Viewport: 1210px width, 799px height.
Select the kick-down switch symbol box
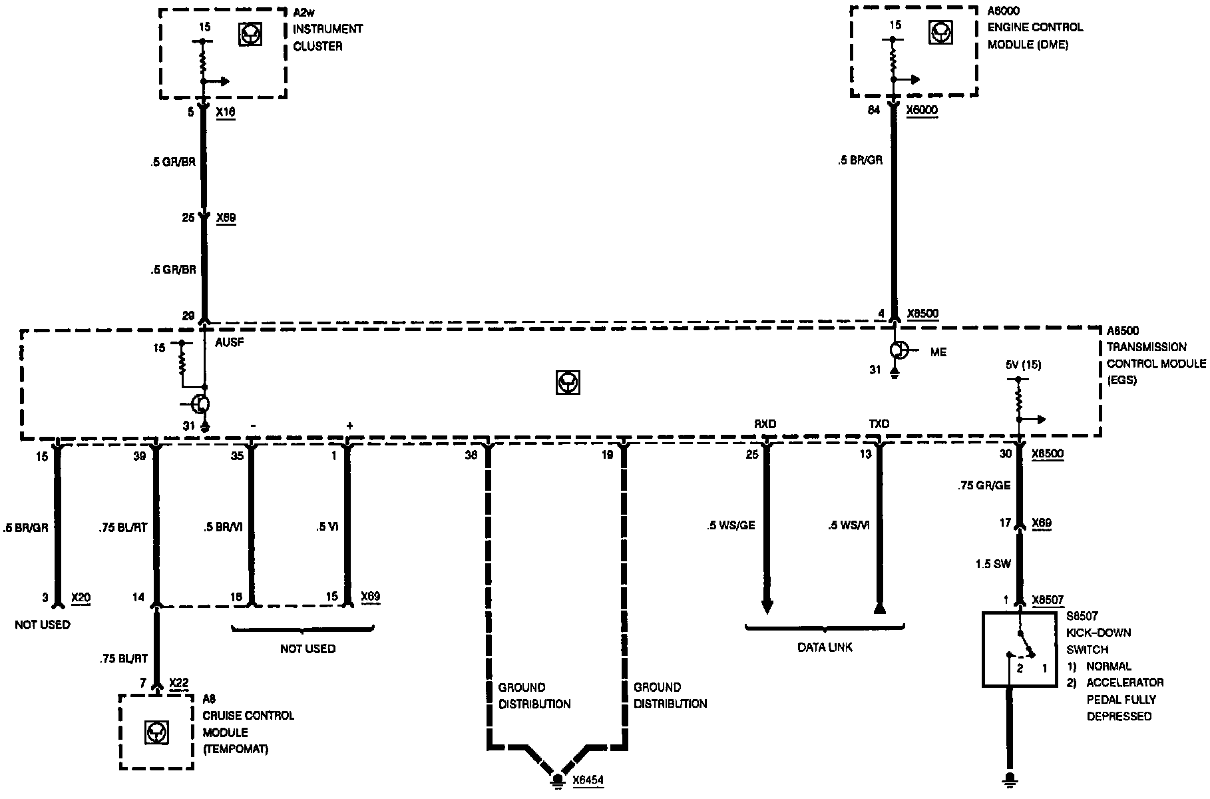(x=1019, y=649)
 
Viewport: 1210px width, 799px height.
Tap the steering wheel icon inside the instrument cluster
(x=250, y=35)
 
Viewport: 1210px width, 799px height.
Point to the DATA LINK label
(x=825, y=647)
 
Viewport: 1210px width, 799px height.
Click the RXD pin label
(x=765, y=424)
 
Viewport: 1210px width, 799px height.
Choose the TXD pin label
(x=879, y=424)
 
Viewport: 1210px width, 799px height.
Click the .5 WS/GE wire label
(x=731, y=525)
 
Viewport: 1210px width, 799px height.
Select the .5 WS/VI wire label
(x=849, y=525)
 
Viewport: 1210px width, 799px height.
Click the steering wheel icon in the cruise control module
(x=156, y=733)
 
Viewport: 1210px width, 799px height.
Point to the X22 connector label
(x=179, y=682)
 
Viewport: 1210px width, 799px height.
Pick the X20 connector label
(x=81, y=597)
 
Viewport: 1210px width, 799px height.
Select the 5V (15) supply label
(x=1023, y=364)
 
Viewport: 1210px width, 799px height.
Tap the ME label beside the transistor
(x=938, y=352)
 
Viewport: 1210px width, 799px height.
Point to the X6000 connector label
(x=922, y=111)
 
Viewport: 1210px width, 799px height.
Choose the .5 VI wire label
(x=327, y=525)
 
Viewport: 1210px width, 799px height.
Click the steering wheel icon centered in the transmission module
(x=568, y=383)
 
